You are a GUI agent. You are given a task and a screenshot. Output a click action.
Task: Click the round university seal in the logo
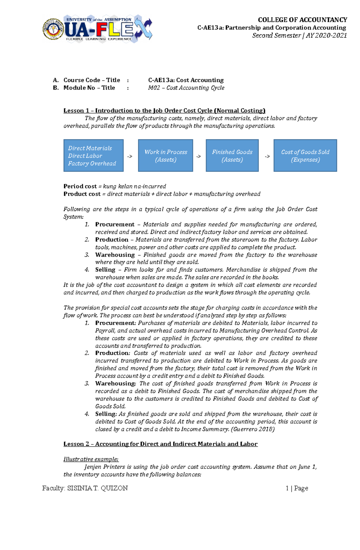coord(53,29)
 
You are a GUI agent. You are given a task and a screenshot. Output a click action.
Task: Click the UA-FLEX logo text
coord(99,29)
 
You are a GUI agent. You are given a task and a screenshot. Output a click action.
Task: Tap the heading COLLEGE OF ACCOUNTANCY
coord(302,20)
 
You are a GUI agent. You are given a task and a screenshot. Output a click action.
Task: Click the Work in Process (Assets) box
coord(166,156)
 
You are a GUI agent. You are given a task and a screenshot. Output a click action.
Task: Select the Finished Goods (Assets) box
coord(232,156)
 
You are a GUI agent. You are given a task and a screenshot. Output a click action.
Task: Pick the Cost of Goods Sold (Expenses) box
coord(305,156)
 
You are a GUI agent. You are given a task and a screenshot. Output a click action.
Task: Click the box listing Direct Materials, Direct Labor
coord(93,156)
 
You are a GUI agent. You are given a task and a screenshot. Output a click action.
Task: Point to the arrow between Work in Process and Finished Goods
coord(199,156)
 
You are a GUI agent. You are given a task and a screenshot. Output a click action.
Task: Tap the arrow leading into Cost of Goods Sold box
coord(267,156)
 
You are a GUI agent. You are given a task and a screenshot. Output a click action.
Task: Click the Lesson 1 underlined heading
coord(164,111)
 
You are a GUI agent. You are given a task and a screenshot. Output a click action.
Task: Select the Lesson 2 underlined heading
coord(160,444)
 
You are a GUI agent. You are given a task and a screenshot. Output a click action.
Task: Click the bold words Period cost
coord(80,186)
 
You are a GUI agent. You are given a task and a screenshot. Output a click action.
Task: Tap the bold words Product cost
coord(82,194)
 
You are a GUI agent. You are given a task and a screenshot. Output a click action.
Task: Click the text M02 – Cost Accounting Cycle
coord(186,88)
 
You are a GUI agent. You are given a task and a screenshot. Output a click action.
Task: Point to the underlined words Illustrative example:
coord(91,459)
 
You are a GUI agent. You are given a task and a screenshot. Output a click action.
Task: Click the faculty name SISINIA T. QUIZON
coord(97,488)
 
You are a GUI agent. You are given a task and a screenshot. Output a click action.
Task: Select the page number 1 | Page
coord(297,488)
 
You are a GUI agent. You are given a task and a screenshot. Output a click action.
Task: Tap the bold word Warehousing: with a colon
coord(115,383)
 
